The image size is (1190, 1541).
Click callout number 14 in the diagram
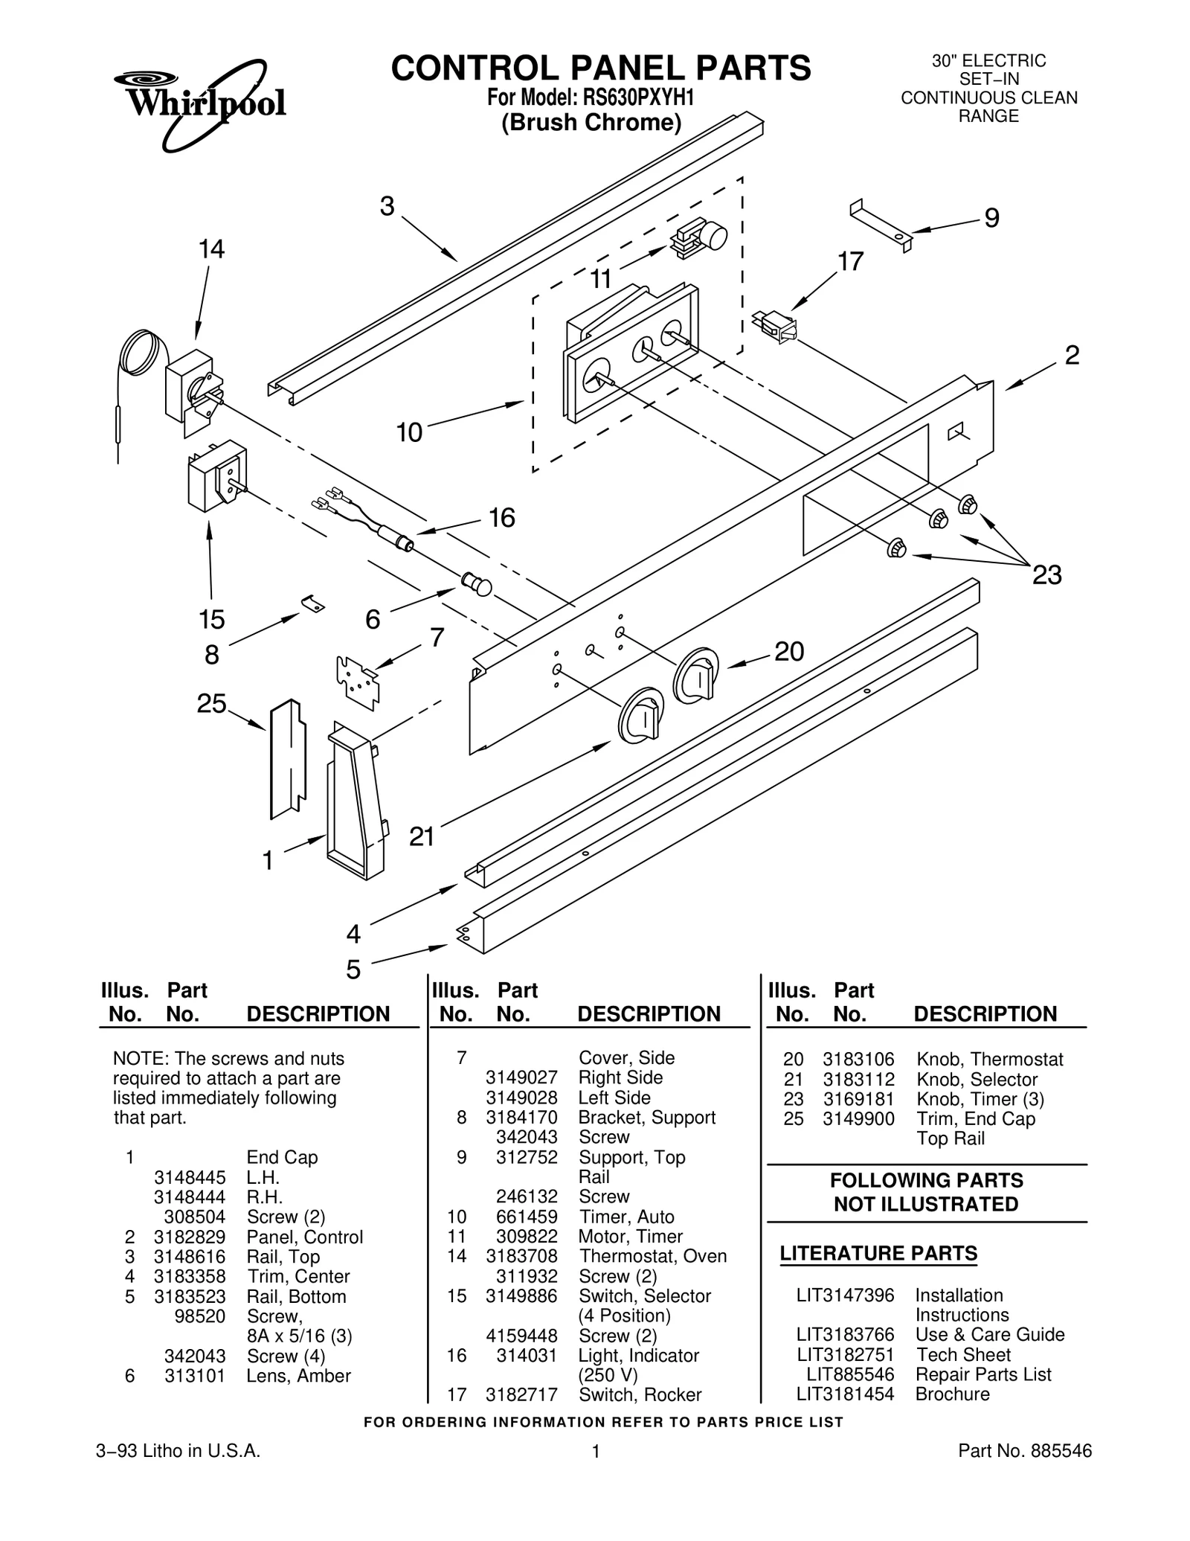pos(211,249)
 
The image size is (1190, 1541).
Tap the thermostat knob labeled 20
pos(696,674)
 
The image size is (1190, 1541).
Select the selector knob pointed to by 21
pos(640,716)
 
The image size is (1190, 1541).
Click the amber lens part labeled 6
pos(476,583)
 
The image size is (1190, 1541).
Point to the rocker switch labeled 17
pos(775,326)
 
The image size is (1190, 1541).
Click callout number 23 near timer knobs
pos(1046,575)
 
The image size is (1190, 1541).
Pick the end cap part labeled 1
pos(356,800)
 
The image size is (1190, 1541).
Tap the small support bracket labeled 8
pos(314,603)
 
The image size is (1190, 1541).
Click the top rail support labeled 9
pos(881,223)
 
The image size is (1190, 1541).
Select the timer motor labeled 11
pos(699,238)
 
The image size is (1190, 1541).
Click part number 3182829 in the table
pos(190,1237)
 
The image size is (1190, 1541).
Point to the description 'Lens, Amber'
pos(298,1375)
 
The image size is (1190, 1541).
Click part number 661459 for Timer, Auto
pos(527,1217)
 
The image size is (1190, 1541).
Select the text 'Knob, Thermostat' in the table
pos(989,1059)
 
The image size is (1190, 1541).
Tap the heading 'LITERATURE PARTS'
pos(878,1253)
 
